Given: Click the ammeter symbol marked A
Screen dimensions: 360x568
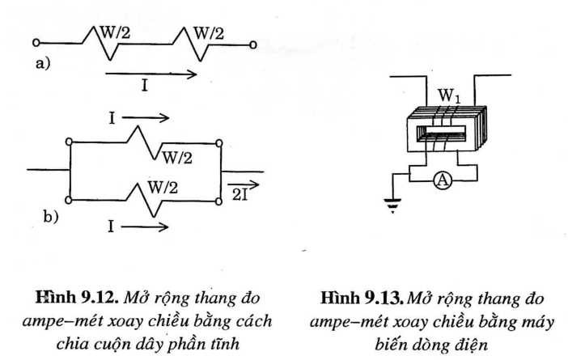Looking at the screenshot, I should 442,181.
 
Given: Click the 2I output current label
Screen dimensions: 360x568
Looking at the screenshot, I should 240,194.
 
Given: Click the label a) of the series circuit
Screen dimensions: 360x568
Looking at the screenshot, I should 41,64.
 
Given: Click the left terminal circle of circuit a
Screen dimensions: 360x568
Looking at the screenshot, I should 36,44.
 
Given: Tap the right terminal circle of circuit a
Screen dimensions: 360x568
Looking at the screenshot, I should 254,44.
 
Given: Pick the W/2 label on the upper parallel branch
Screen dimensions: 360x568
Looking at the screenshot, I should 178,156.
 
